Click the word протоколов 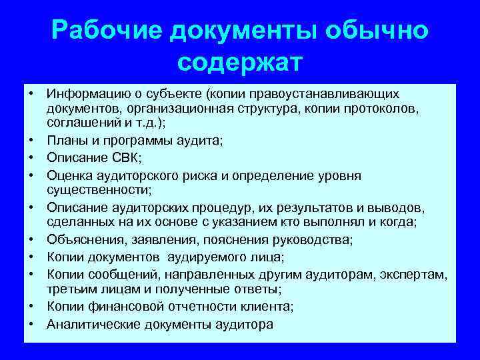[376, 108]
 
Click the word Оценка [68, 175]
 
